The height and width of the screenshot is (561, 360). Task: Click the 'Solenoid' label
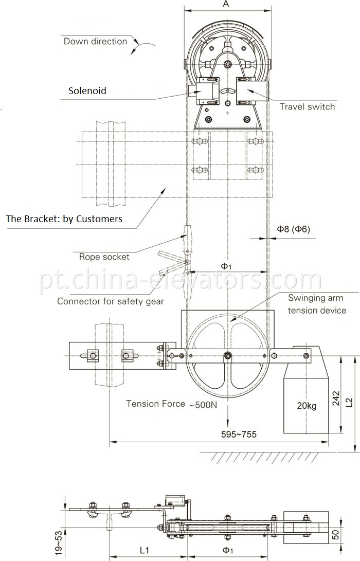pos(87,91)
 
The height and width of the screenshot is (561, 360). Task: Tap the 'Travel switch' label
pos(307,106)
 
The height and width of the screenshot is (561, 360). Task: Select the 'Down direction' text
pos(95,41)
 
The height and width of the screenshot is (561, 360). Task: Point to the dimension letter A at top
pos(226,5)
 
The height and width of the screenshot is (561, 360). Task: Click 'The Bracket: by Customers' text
pos(64,219)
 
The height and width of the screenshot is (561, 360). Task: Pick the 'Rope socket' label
pos(104,257)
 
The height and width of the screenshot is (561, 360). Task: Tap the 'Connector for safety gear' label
pos(111,301)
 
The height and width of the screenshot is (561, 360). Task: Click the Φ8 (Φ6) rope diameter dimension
pos(294,229)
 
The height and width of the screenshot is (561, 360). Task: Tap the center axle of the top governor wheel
pos(228,64)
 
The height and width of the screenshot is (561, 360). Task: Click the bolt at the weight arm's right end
pos(307,355)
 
